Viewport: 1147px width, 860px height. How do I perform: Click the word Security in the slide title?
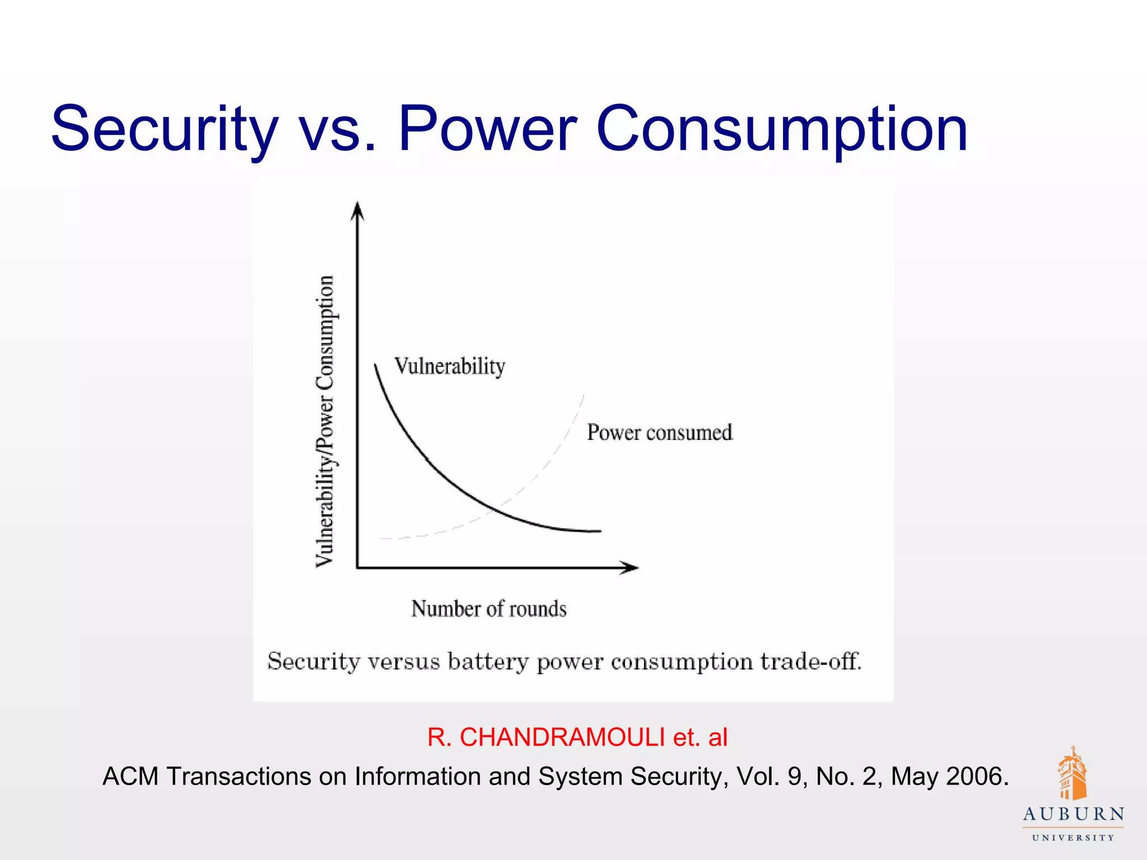(164, 130)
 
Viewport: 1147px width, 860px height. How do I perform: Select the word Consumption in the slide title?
(782, 130)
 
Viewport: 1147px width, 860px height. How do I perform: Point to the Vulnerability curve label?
(450, 367)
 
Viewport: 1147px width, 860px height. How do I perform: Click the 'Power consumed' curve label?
(660, 433)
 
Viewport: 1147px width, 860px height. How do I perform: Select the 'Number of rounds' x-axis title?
(488, 609)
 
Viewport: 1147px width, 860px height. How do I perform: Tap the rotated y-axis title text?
(325, 421)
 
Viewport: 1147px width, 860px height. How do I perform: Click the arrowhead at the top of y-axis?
(357, 211)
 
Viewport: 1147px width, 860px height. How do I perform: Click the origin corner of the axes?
(357, 568)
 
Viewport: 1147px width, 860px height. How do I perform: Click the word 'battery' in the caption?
(487, 662)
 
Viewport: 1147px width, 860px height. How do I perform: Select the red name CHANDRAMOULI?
(562, 737)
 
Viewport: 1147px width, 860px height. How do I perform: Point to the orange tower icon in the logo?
(1072, 774)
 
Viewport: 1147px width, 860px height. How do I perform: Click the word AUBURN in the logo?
(1073, 815)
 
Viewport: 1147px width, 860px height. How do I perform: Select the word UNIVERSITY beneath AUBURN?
(1073, 838)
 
